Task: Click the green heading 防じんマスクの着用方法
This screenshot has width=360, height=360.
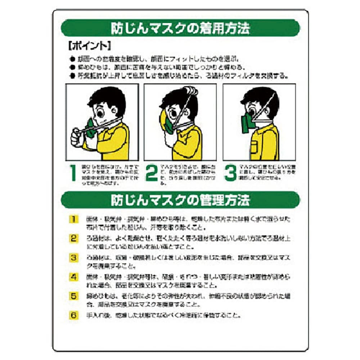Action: (x=180, y=28)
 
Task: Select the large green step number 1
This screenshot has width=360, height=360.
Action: (x=73, y=173)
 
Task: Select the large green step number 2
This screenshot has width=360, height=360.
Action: (x=151, y=173)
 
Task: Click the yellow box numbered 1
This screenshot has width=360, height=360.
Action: (x=73, y=219)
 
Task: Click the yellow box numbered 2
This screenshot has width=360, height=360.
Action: (x=73, y=238)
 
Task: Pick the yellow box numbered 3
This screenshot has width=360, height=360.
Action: (x=73, y=257)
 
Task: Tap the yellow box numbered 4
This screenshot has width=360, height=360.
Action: (x=73, y=277)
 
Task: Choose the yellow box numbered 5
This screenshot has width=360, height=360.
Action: (x=73, y=296)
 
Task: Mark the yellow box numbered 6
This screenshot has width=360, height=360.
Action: (x=73, y=315)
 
